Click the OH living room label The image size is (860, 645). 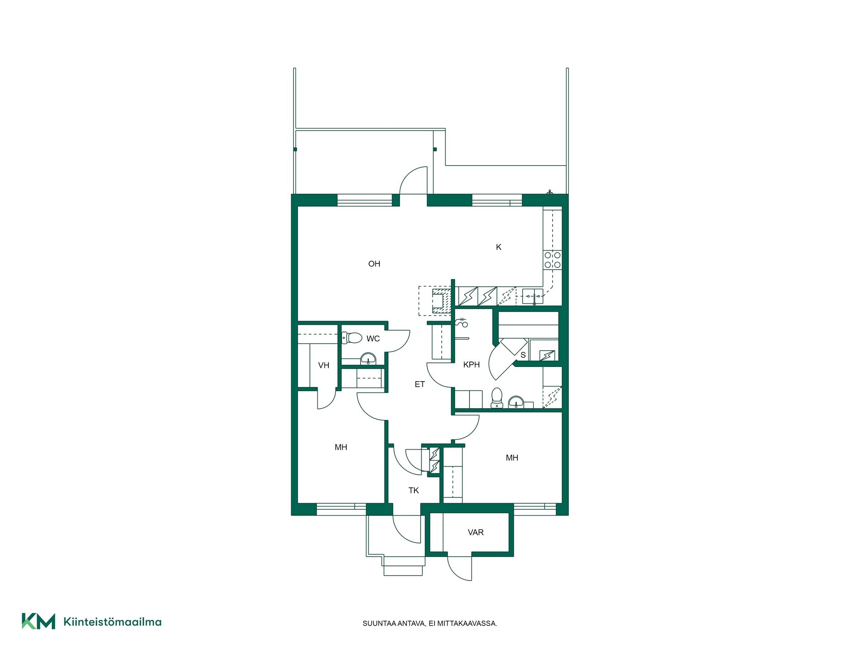374,264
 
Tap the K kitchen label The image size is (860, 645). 499,247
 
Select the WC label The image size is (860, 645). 373,339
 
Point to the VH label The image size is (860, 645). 323,365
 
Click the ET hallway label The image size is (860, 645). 420,384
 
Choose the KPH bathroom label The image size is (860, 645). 471,365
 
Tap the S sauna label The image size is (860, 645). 523,355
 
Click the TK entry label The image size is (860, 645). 413,490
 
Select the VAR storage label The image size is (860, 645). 476,532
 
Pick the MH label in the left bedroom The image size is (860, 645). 341,447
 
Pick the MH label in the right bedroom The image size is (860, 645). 512,458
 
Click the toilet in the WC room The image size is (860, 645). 352,337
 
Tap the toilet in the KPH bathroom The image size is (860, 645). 497,398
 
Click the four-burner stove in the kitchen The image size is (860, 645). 552,260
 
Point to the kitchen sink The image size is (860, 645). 533,296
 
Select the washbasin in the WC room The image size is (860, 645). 369,359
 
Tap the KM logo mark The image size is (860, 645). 39,621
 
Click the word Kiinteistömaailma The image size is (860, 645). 112,622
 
